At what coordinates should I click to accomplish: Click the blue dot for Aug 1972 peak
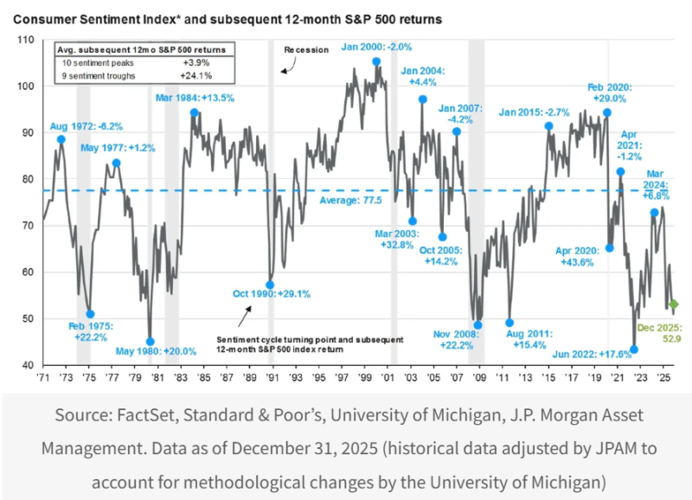point(61,139)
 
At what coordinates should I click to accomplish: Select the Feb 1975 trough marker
point(90,314)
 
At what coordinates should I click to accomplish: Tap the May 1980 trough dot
point(151,342)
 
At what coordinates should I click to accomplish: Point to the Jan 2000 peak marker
point(376,61)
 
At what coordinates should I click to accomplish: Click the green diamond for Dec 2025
point(674,304)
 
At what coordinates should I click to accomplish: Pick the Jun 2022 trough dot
point(634,349)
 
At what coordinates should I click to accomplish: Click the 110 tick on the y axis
point(25,41)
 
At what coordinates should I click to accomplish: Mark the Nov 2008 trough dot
point(478,325)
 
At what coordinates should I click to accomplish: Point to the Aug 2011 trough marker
point(509,323)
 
